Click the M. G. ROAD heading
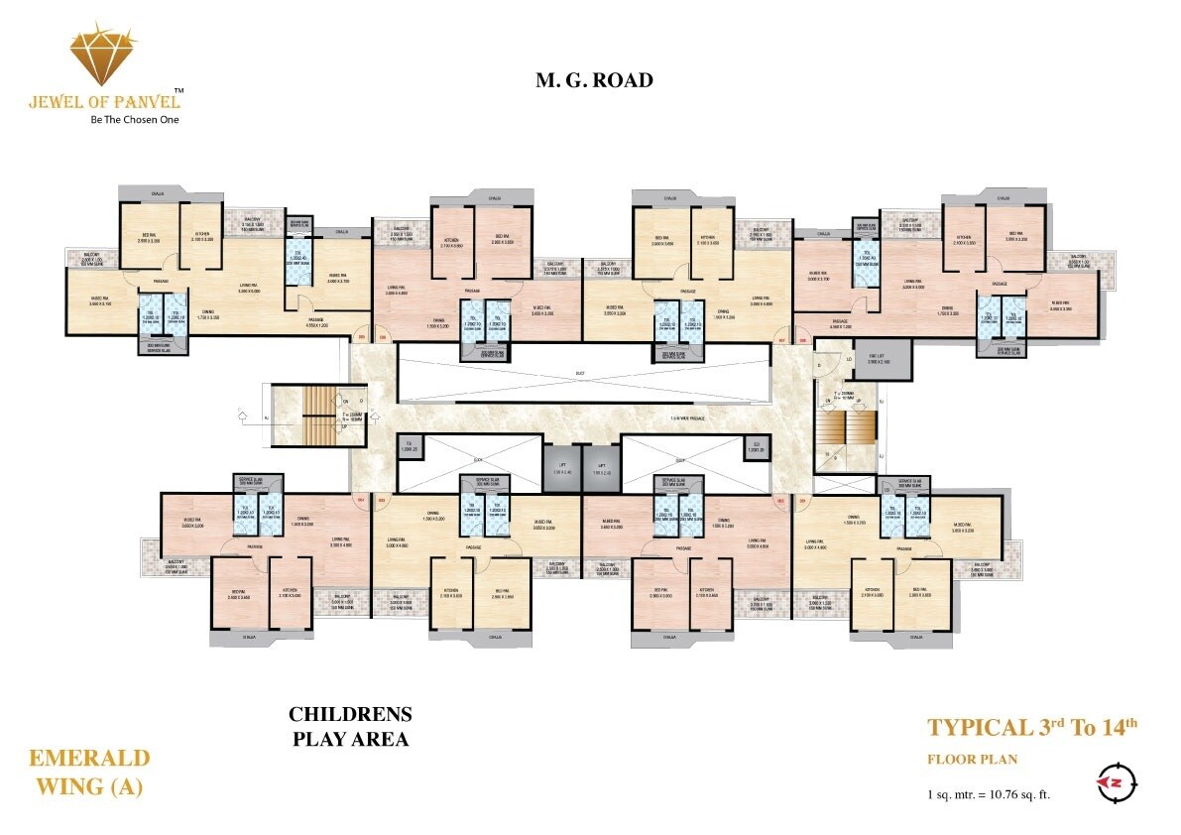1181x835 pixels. pyautogui.click(x=594, y=80)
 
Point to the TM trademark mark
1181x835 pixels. pyautogui.click(x=178, y=90)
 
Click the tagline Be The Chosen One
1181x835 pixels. pyautogui.click(x=121, y=119)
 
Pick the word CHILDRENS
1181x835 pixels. pyautogui.click(x=350, y=714)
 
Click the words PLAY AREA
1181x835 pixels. pyautogui.click(x=349, y=739)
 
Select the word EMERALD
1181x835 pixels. pyautogui.click(x=89, y=759)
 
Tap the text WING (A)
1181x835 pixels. pyautogui.click(x=88, y=787)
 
